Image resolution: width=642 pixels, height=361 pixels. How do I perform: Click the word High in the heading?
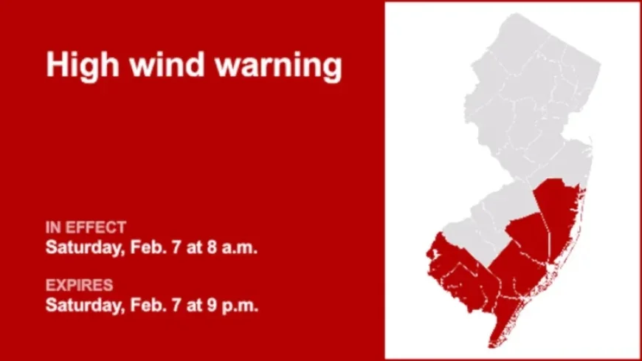pos(78,65)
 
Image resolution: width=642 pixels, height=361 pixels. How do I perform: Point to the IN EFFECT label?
pos(86,227)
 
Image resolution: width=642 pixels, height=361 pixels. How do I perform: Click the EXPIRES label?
pos(79,284)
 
